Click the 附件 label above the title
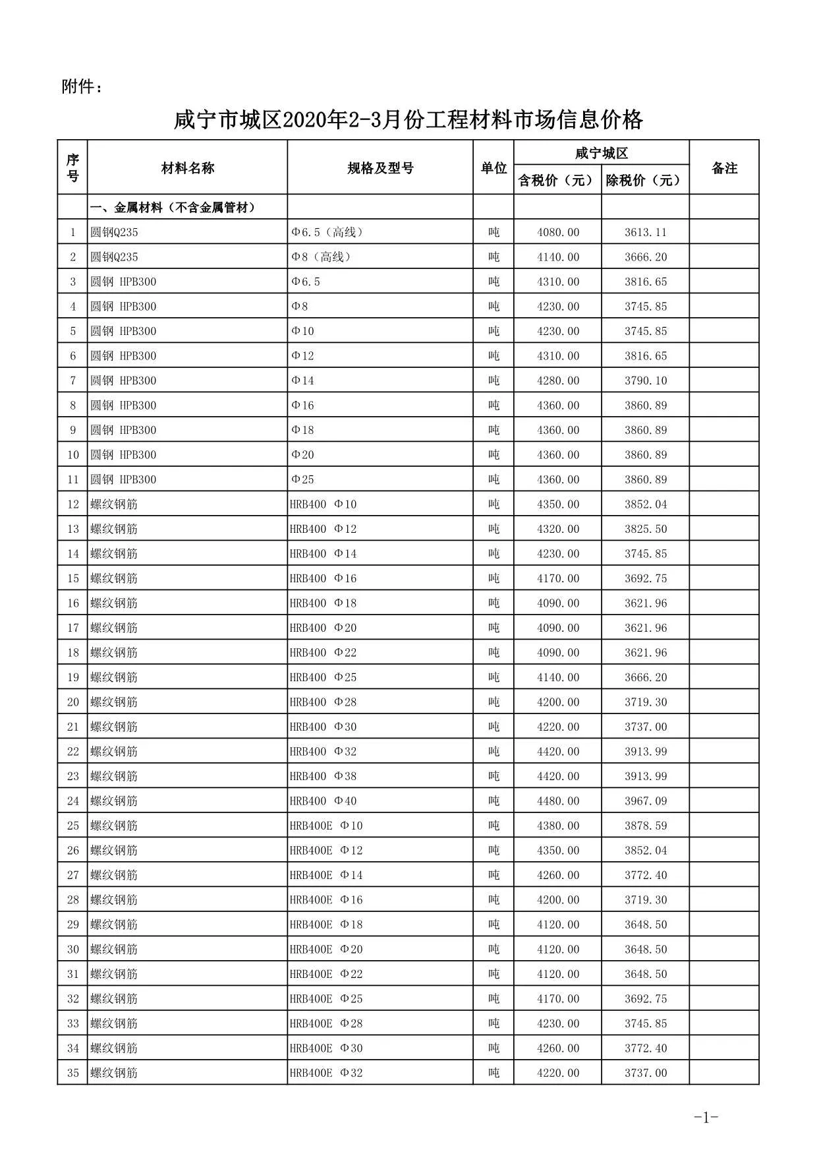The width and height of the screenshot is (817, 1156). (82, 86)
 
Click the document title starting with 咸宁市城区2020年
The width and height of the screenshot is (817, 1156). (408, 120)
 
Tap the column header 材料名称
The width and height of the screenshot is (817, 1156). (188, 168)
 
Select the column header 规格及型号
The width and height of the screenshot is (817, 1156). (380, 168)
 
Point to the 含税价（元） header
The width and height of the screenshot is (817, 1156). (557, 180)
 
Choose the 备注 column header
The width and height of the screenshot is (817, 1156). (724, 168)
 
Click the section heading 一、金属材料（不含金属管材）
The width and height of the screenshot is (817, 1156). (173, 208)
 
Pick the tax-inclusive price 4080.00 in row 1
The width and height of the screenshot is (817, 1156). (558, 232)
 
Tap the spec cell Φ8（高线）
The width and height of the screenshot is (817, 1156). (322, 257)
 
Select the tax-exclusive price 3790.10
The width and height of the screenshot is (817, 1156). (646, 380)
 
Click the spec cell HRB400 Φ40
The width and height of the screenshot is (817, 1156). (324, 801)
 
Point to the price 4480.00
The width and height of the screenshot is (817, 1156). (558, 801)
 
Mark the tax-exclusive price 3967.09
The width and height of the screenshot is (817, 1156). (646, 801)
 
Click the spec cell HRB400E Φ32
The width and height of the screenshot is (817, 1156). (326, 1073)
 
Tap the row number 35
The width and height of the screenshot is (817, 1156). (73, 1073)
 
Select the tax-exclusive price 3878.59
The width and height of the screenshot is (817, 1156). (646, 826)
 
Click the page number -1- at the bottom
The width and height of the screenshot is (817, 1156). (706, 1117)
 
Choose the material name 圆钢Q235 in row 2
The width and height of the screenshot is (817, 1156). (115, 257)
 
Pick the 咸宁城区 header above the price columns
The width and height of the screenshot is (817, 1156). (601, 154)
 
